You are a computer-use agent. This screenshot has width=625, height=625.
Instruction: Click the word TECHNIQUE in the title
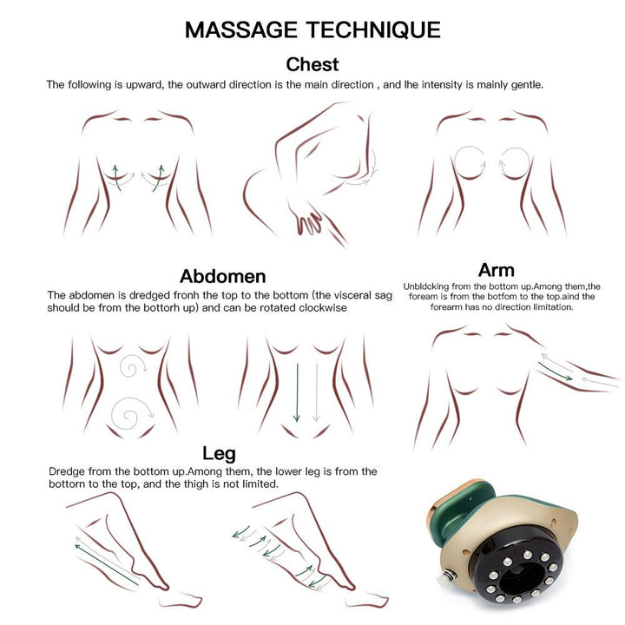373,30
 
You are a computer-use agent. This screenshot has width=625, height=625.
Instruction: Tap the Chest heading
312,64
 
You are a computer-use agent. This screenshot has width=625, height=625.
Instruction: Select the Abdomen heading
223,276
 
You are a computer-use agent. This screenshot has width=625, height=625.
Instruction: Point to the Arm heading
497,270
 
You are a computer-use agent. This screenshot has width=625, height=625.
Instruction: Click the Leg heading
219,454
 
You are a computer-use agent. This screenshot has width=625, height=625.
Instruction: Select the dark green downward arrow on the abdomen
297,392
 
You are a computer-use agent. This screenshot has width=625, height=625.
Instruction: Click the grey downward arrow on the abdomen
317,392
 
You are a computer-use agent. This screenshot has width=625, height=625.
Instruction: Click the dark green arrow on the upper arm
555,372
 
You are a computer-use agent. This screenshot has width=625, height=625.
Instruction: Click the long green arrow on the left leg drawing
107,564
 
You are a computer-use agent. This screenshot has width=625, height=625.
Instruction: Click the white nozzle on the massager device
446,577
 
